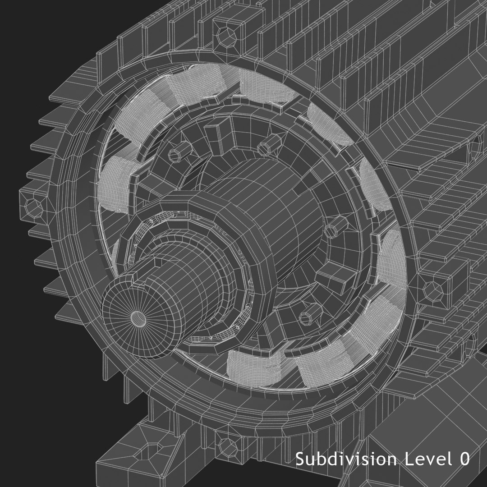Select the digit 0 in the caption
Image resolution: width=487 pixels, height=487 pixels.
[464, 459]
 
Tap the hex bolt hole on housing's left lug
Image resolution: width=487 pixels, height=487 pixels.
[32, 206]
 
